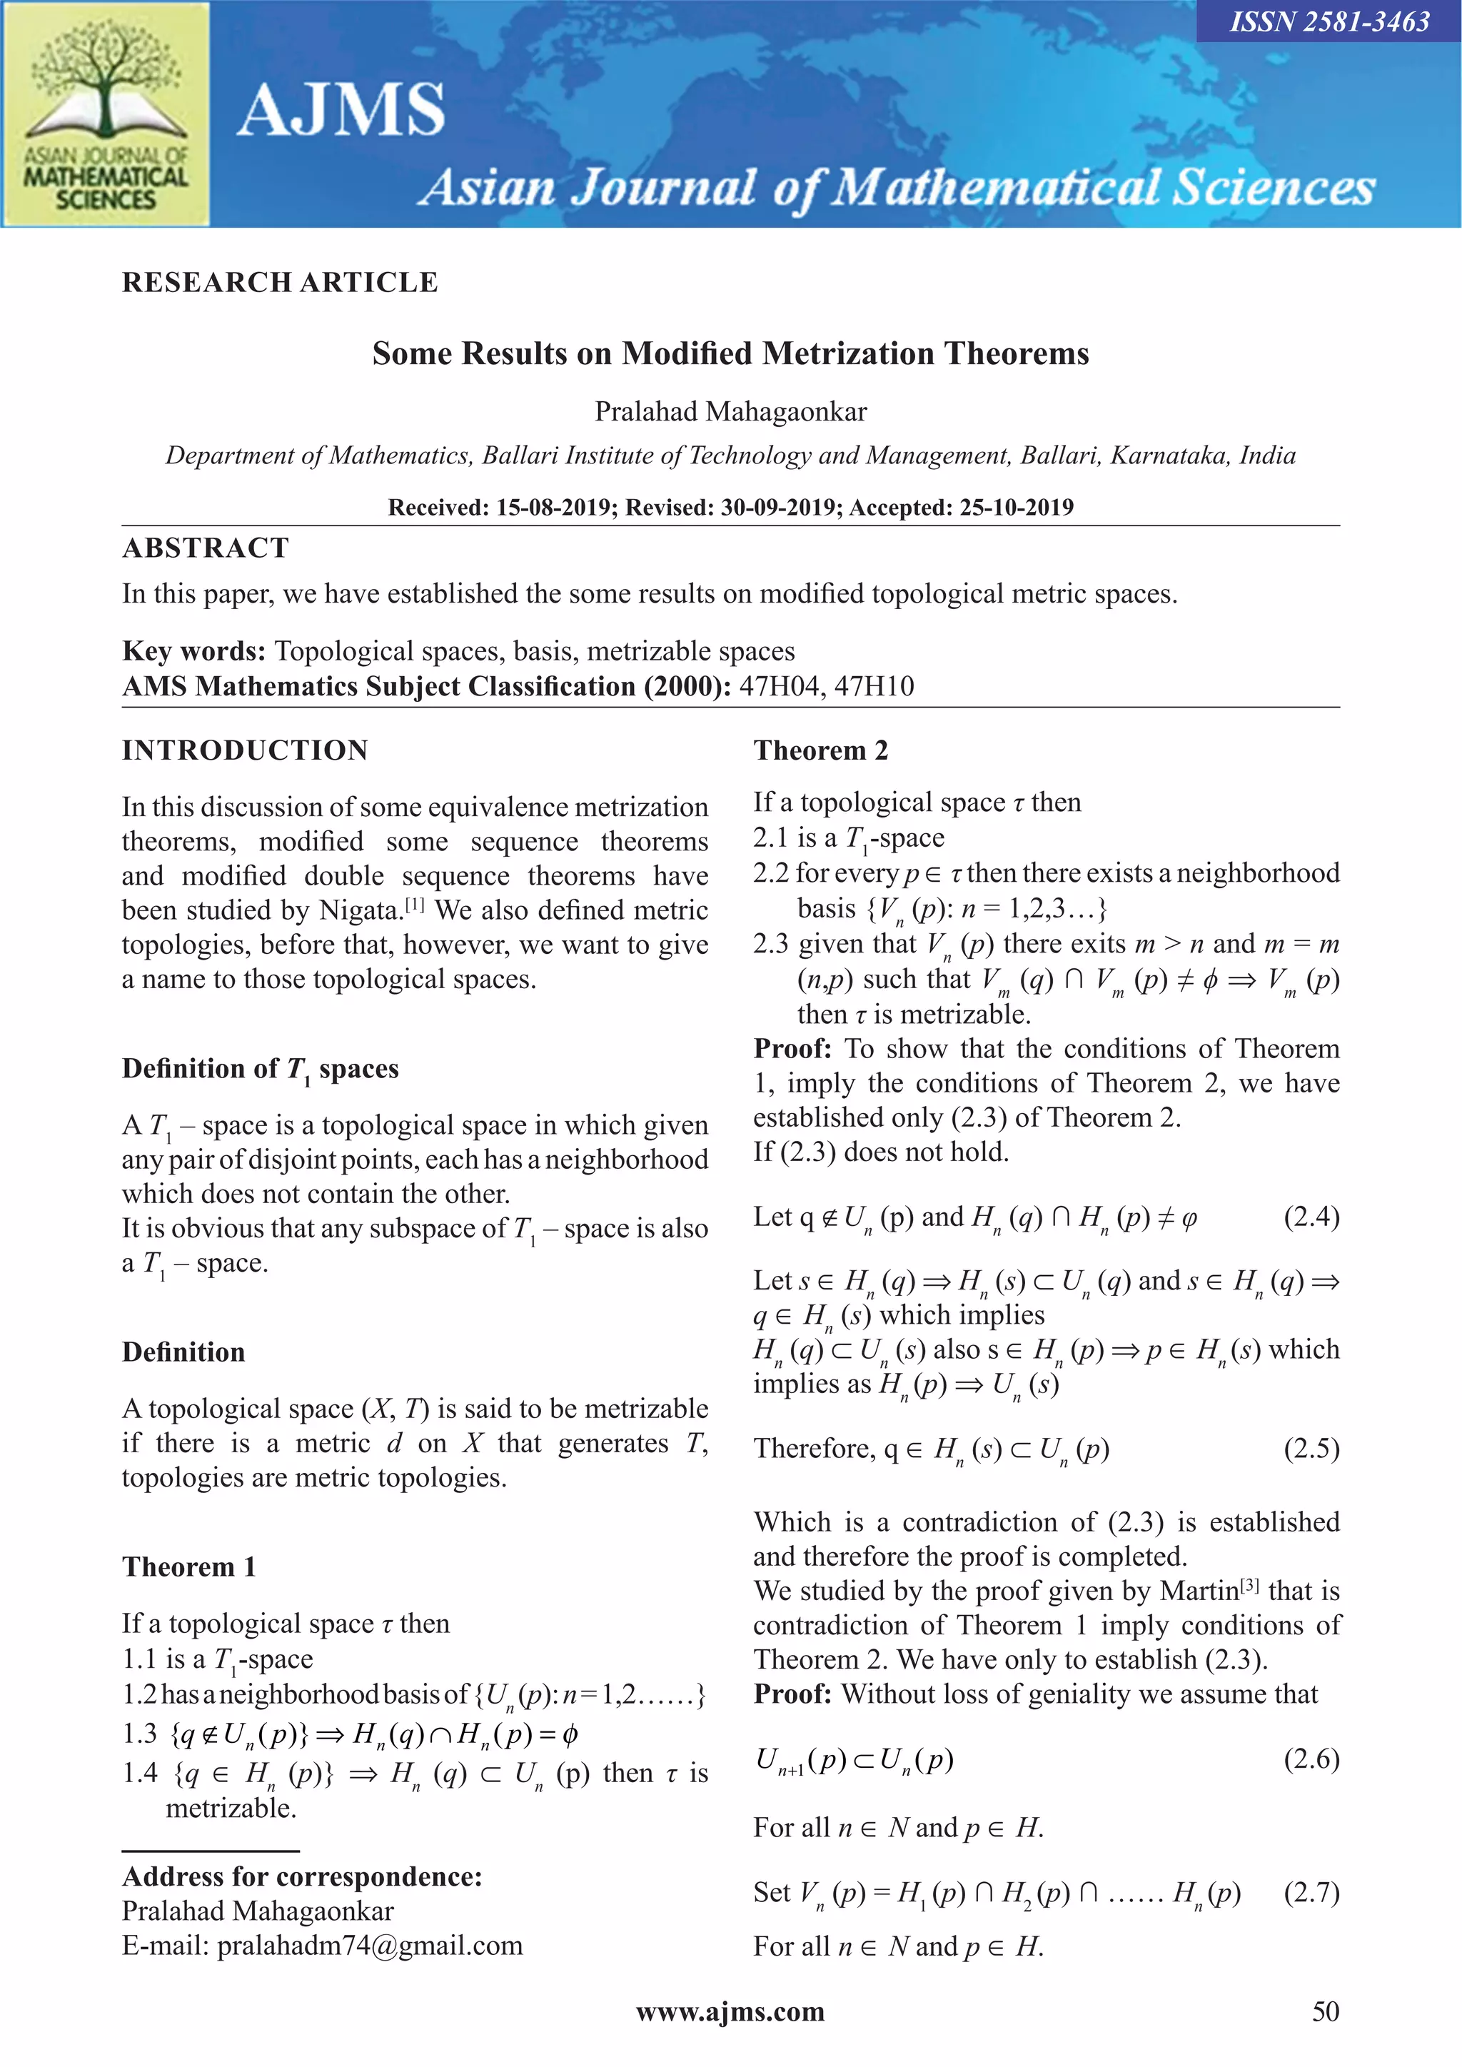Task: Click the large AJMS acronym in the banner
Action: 341,111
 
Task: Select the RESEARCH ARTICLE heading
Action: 280,283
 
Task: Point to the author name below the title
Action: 730,411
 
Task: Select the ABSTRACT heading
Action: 206,548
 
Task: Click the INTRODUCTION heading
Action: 245,751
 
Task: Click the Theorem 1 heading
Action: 189,1567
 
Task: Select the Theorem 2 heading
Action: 820,751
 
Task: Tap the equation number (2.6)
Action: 1311,1759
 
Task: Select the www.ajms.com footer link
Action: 730,2013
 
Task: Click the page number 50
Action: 1325,2013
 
